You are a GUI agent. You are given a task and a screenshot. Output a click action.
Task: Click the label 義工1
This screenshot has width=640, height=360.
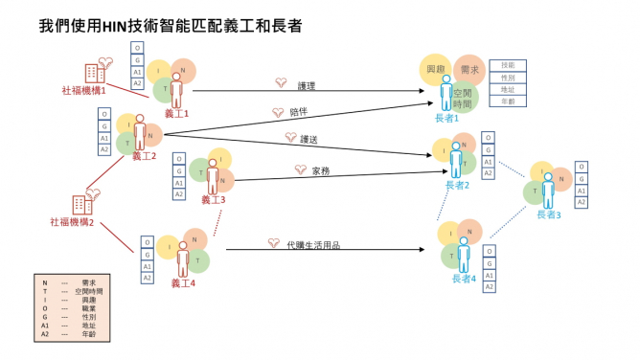[176, 113]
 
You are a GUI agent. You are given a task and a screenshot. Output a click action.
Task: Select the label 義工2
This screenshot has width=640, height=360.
[144, 156]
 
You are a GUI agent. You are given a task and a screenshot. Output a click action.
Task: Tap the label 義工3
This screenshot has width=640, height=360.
[213, 200]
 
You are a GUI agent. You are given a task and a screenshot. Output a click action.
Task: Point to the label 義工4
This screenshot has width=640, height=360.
[182, 282]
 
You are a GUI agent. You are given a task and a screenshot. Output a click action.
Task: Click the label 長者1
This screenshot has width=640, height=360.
[446, 118]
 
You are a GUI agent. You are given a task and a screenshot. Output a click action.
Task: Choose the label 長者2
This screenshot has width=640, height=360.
[457, 185]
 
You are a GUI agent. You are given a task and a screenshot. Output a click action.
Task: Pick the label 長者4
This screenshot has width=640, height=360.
[464, 279]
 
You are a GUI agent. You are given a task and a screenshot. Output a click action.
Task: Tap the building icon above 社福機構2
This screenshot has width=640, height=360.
[81, 204]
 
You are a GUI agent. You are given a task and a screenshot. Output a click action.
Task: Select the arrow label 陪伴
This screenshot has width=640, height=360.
[299, 113]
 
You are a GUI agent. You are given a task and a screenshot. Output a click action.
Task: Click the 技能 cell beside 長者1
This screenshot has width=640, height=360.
[508, 65]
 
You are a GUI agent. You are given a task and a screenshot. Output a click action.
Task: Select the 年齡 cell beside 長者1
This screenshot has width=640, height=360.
[508, 100]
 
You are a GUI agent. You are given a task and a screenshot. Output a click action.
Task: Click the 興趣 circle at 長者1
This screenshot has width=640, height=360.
[437, 70]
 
